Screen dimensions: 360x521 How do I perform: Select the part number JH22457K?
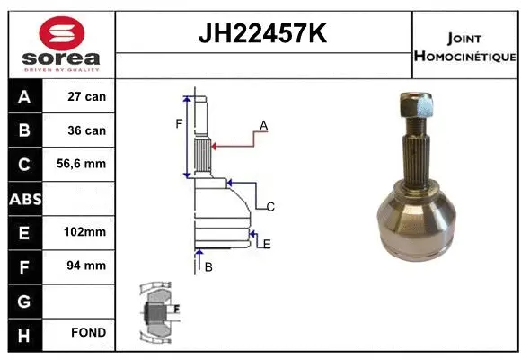click(262, 34)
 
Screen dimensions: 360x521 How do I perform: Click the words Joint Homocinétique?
click(464, 48)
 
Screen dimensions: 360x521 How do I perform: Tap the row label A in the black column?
click(23, 96)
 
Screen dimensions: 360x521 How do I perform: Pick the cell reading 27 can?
click(86, 96)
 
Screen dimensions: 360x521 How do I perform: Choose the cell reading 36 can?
click(86, 130)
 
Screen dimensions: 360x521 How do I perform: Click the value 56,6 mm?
click(86, 164)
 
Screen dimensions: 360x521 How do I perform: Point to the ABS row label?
click(23, 198)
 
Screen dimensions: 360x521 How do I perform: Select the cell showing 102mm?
click(86, 231)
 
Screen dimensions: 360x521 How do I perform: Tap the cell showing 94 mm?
click(86, 265)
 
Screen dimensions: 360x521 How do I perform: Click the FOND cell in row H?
click(86, 333)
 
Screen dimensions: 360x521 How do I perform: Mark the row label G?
click(23, 299)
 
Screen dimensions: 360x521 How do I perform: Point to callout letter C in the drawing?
click(269, 206)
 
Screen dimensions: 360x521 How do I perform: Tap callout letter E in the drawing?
click(267, 243)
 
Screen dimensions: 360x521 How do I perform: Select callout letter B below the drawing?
click(208, 267)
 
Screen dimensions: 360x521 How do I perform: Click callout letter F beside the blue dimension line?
click(179, 123)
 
